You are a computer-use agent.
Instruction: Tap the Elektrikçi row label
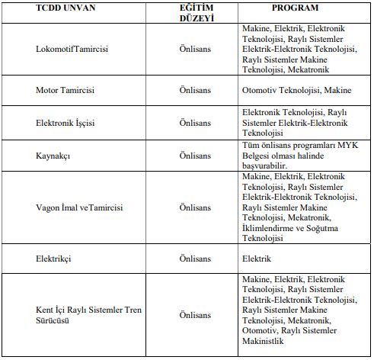[x=53, y=259]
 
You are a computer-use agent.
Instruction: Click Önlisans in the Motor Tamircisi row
[x=194, y=90]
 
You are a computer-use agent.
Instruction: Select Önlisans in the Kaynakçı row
[x=194, y=155]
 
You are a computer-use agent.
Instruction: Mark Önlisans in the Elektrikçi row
[x=194, y=259]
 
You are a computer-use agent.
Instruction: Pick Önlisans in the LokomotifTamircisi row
[x=194, y=49]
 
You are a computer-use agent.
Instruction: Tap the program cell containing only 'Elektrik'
[x=257, y=259]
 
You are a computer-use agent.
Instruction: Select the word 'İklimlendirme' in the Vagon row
[x=267, y=228]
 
